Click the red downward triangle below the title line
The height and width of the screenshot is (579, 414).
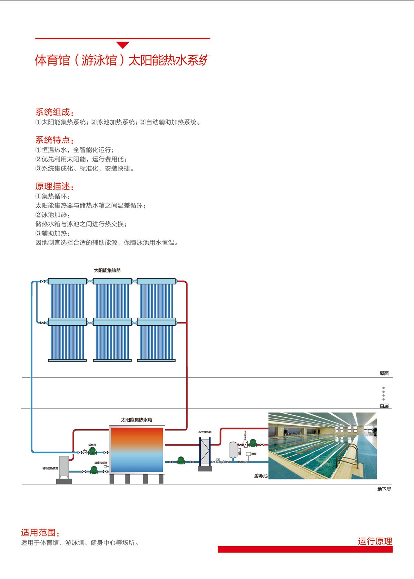(x=122, y=45)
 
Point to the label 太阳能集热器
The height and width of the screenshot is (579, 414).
(x=107, y=270)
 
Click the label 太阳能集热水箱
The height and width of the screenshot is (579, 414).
(x=137, y=420)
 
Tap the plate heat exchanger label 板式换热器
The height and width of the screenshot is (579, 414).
(x=205, y=432)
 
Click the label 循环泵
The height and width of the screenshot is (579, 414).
(x=92, y=445)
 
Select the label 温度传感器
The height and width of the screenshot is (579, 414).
(x=101, y=463)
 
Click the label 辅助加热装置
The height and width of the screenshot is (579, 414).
(x=50, y=469)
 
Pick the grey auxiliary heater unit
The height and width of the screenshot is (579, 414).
(x=64, y=467)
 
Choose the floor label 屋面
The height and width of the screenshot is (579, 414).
(x=384, y=374)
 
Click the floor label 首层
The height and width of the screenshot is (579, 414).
(x=384, y=406)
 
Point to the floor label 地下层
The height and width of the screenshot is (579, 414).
(x=384, y=489)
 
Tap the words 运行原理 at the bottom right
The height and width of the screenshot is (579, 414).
(x=375, y=541)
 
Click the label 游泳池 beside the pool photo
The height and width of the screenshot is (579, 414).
(x=261, y=476)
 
